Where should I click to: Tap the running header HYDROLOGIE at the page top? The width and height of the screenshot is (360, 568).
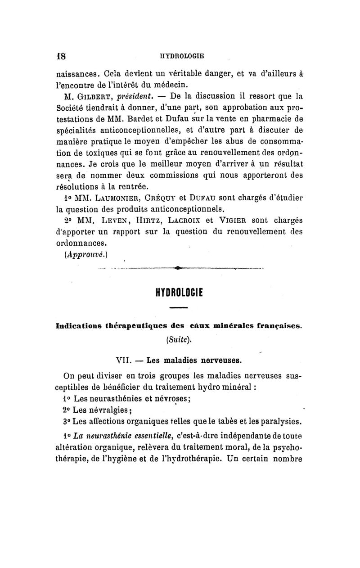point(179,56)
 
